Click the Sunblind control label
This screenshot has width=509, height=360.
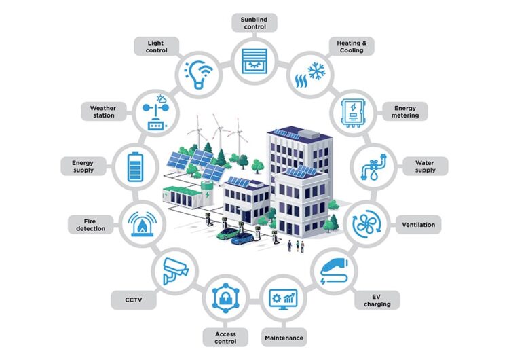pyautogui.click(x=254, y=23)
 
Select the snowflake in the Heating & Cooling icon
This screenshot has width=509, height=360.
pyautogui.click(x=316, y=71)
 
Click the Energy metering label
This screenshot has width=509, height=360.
pyautogui.click(x=404, y=111)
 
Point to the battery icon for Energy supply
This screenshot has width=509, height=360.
pyautogui.click(x=135, y=167)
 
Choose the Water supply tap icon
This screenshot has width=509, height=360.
pyautogui.click(x=374, y=168)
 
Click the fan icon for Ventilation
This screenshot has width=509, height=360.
pyautogui.click(x=366, y=224)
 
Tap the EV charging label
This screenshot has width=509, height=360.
pyautogui.click(x=377, y=300)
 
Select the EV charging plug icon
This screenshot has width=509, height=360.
pyautogui.click(x=334, y=270)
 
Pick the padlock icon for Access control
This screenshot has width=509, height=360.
pyautogui.click(x=225, y=298)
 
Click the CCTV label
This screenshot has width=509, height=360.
pyautogui.click(x=134, y=300)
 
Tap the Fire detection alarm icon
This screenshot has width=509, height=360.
pyautogui.click(x=143, y=224)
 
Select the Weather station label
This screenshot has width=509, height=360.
pyautogui.click(x=103, y=111)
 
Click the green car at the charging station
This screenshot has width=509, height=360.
pyautogui.click(x=228, y=233)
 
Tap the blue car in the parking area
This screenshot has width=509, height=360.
pyautogui.click(x=242, y=238)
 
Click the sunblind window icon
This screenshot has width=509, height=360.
pyautogui.click(x=254, y=60)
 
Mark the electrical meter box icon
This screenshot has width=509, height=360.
pyautogui.click(x=353, y=113)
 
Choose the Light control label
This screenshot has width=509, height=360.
pyautogui.click(x=157, y=46)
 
